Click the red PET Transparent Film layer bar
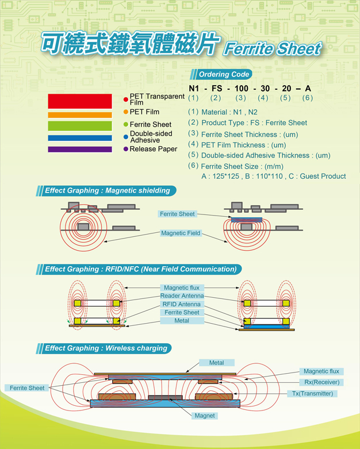pos(80,101)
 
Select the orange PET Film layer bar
pos(80,115)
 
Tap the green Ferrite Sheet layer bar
pos(80,126)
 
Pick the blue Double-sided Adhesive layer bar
pos(80,138)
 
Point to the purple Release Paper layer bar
pos(80,149)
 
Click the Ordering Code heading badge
pos(221,75)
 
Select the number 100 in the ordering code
pos(242,89)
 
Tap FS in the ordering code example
pos(217,89)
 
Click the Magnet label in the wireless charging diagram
pos(205,416)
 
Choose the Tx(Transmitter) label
pos(312,393)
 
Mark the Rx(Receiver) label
pos(321,382)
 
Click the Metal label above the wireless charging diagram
pos(216,363)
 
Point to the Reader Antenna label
pos(182,296)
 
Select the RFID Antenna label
pos(182,304)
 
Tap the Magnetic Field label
pos(181,233)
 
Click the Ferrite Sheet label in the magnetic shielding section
pos(177,214)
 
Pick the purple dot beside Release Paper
pos(125,149)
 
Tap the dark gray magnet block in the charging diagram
pos(165,397)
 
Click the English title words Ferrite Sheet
pos(273,48)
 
